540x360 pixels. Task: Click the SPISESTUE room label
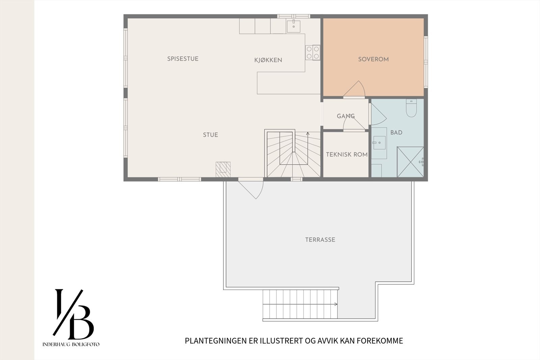[x=183, y=59]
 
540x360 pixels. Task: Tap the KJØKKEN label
[x=268, y=60]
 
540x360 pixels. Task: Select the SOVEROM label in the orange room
[x=373, y=59]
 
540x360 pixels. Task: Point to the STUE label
[x=210, y=135]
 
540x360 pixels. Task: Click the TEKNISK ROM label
[x=347, y=154]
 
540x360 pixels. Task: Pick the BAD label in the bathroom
[x=396, y=132]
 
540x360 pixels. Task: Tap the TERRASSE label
[x=320, y=240]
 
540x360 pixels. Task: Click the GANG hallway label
[x=346, y=116]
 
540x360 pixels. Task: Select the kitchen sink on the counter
[x=294, y=26]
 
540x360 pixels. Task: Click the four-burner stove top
[x=313, y=52]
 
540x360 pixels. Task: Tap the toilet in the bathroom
[x=411, y=108]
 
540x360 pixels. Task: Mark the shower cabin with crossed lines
[x=410, y=162]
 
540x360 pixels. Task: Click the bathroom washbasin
[x=379, y=143]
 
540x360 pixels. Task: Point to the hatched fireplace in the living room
[x=223, y=169]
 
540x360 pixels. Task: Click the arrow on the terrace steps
[x=335, y=304]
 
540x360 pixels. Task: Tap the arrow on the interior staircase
[x=308, y=134]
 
